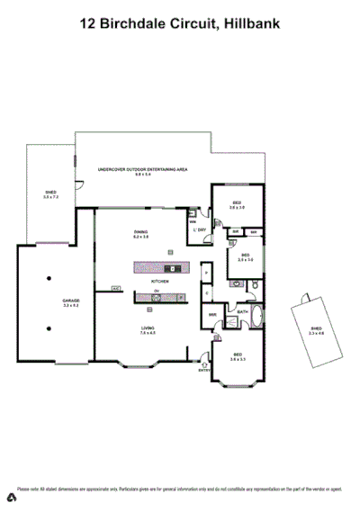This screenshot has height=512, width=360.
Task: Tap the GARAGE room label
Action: (x=70, y=300)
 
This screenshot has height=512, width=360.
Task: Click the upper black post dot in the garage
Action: (x=51, y=276)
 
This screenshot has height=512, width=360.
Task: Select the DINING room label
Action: (x=141, y=232)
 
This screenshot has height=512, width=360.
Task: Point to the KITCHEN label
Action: (x=159, y=281)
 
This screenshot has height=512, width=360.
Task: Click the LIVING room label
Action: (x=148, y=328)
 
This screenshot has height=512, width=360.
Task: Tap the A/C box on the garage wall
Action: (x=116, y=288)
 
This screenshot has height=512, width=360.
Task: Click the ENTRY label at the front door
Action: (x=203, y=369)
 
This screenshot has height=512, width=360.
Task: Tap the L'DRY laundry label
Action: (x=200, y=229)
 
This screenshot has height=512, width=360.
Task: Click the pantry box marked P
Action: (x=206, y=274)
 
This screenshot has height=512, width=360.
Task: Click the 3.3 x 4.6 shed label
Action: (x=317, y=331)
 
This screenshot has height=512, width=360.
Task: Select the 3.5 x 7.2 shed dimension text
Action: (x=50, y=197)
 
